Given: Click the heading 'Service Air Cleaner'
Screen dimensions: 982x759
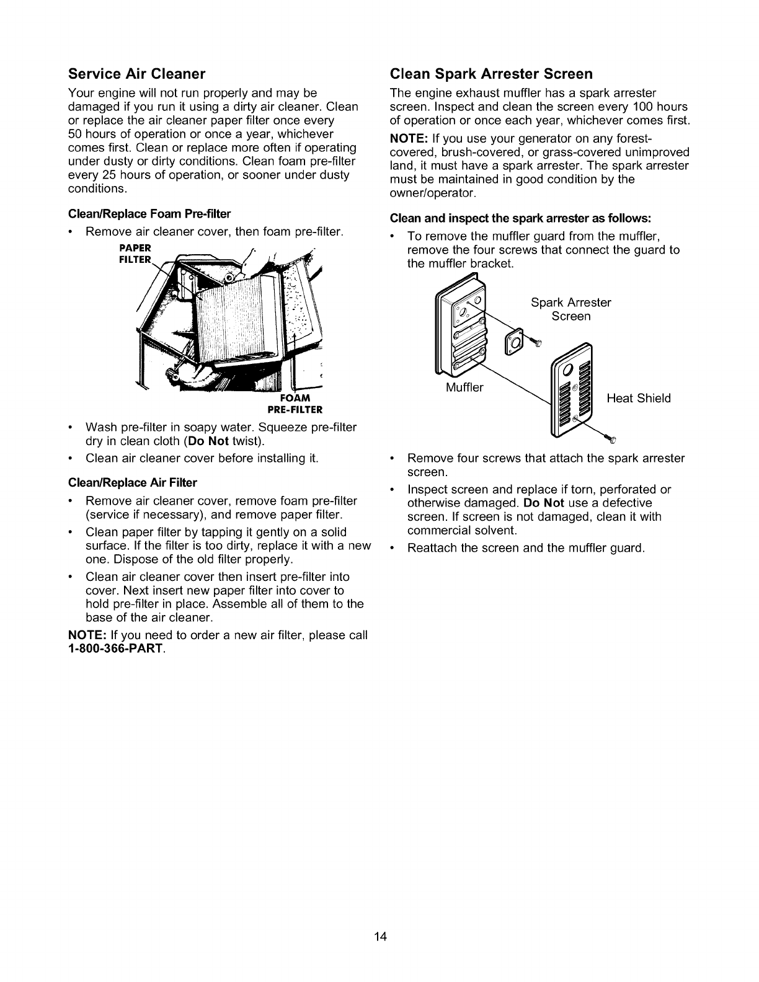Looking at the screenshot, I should point(136,74).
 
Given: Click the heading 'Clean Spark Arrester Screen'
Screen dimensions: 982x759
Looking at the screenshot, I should point(491,74).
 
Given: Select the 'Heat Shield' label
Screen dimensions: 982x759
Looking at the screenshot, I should point(639,398).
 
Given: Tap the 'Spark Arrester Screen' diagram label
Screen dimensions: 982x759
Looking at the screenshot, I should point(570,309).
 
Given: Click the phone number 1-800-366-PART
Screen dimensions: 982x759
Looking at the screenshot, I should point(116,649).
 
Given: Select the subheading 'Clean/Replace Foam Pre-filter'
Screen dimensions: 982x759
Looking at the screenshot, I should point(149,214).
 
